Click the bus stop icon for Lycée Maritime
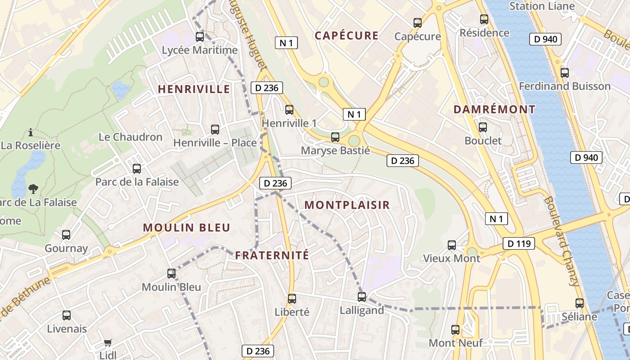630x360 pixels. coord(199,37)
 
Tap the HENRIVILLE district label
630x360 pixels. coord(194,89)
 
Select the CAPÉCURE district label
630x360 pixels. coord(346,36)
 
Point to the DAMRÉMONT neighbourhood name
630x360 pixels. coord(494,109)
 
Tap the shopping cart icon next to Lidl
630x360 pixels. coord(108,343)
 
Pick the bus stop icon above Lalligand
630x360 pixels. coord(362,297)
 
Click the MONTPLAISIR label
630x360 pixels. coord(347,205)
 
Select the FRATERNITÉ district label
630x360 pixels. coord(272,256)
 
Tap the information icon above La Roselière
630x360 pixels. coord(31,132)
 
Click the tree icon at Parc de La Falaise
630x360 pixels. coord(33,188)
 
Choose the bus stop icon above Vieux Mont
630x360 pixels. coord(452,245)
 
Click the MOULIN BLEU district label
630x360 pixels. coord(186,228)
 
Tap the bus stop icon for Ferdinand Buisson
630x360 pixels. coord(565,72)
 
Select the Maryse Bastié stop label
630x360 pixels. coord(335,150)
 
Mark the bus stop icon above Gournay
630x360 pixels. coord(66,234)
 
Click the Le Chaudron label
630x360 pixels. coord(130,137)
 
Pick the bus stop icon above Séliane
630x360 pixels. coord(580,303)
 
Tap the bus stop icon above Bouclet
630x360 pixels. coord(483,127)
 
